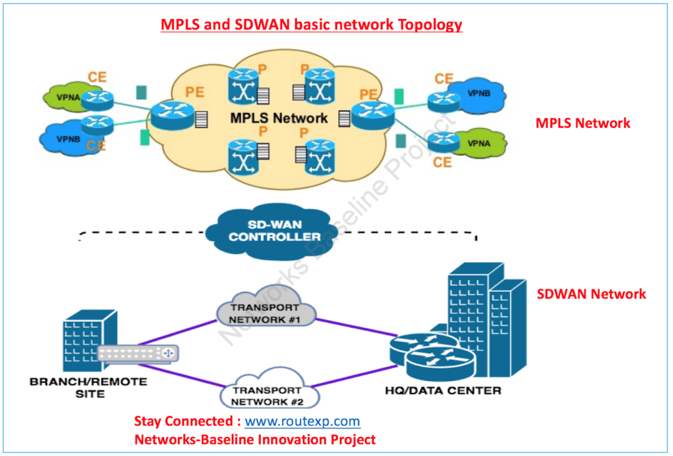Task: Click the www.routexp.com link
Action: pyautogui.click(x=302, y=421)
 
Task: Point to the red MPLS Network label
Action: pyautogui.click(x=582, y=123)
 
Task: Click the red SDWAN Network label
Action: pyautogui.click(x=592, y=294)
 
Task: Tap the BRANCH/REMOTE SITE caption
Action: pyautogui.click(x=87, y=386)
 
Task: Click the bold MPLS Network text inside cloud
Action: pyautogui.click(x=279, y=119)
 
